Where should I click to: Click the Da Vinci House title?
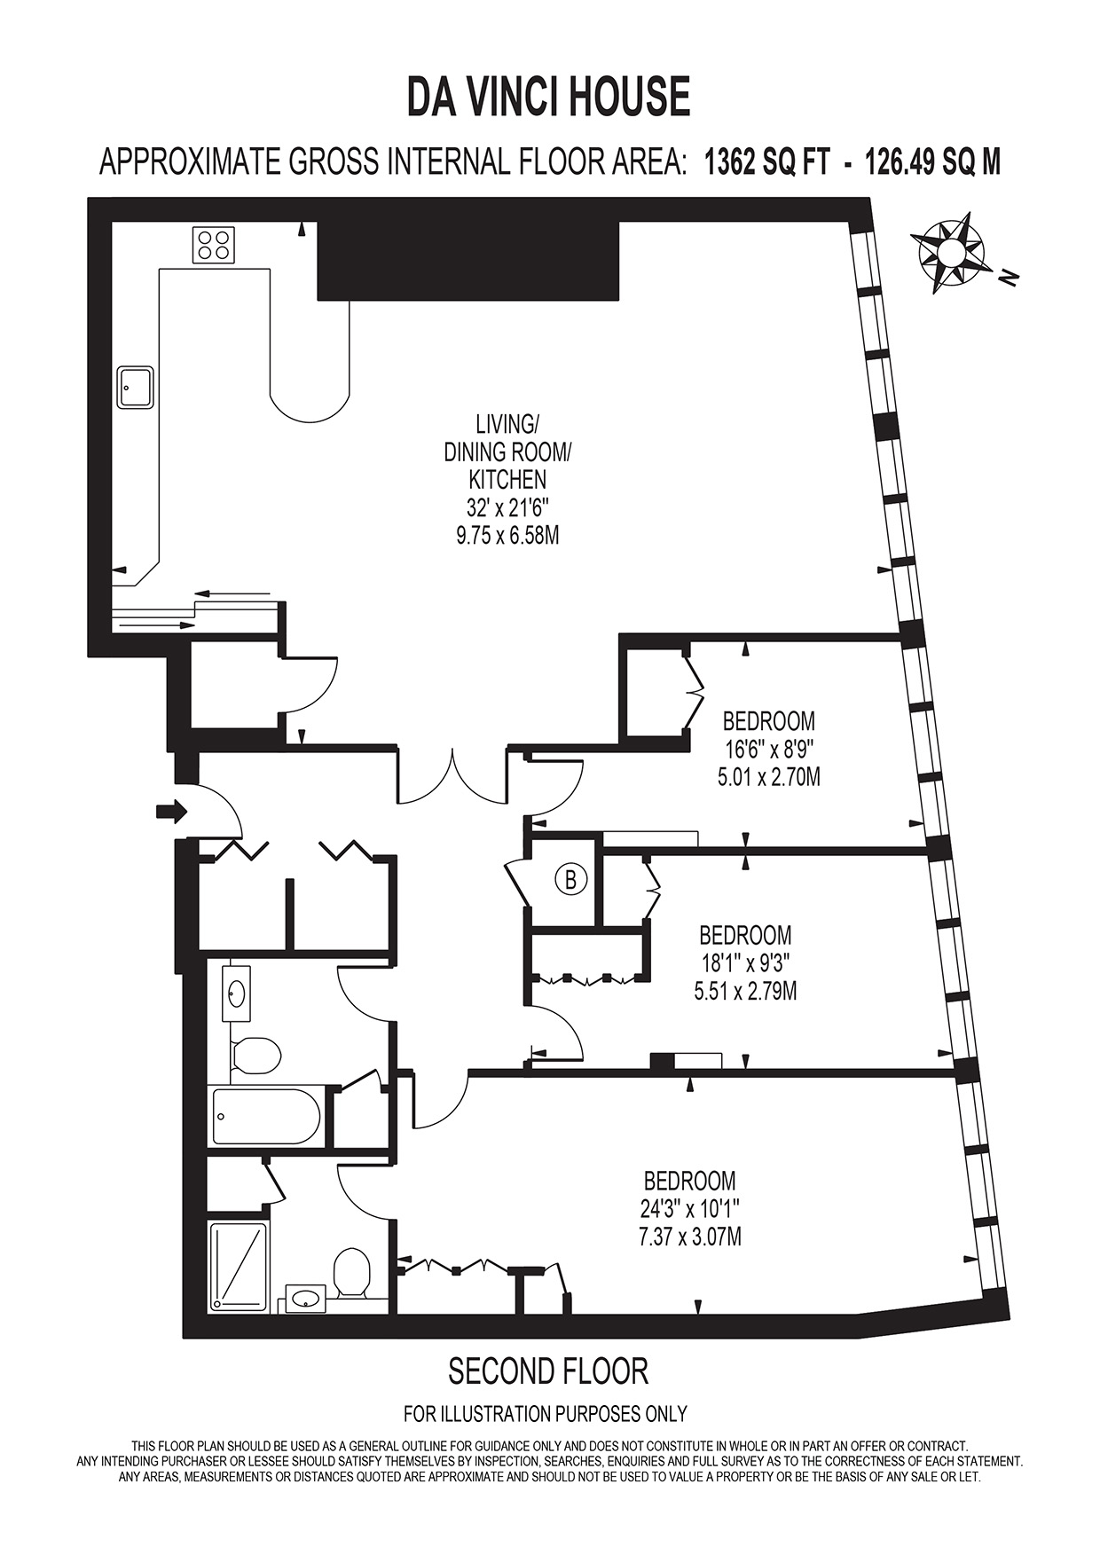tap(548, 98)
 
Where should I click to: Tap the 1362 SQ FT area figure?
tap(766, 163)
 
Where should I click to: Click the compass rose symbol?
tap(951, 252)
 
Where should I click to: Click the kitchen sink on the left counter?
tap(136, 387)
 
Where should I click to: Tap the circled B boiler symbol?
tap(571, 880)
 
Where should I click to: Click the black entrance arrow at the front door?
tap(171, 810)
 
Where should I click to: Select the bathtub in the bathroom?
tap(266, 1117)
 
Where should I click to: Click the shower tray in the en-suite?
tap(239, 1267)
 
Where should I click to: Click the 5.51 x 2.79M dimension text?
tap(745, 991)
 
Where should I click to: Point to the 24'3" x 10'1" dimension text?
tap(690, 1208)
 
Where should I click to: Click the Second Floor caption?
tap(548, 1371)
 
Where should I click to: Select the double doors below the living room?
tap(452, 777)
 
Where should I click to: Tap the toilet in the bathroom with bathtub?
tap(258, 1055)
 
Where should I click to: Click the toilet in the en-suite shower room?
tap(352, 1274)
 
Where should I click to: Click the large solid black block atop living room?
tap(467, 260)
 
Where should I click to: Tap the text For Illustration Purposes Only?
tap(545, 1414)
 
